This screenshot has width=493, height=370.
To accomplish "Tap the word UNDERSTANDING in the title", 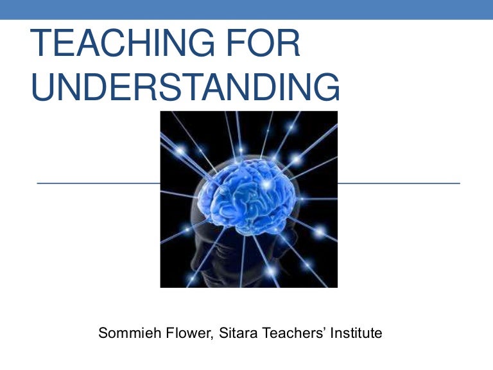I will [186, 87].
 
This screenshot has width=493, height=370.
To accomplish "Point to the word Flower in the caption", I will [175, 333].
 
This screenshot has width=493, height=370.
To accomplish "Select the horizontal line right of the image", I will [399, 183].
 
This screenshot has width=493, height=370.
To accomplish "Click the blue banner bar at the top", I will [246, 9].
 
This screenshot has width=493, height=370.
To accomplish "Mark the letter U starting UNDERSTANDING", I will [43, 87].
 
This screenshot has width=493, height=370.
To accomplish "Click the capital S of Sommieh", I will [103, 333].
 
